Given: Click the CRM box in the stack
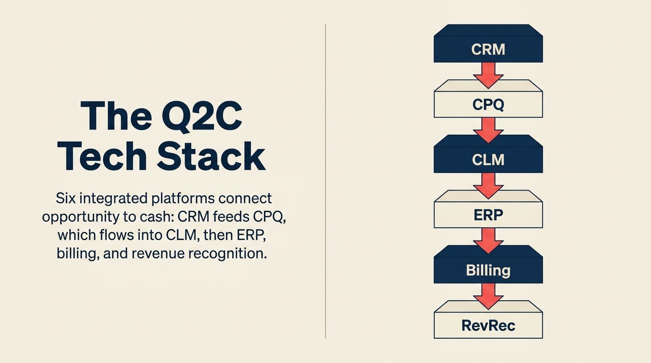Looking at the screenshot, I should [x=488, y=49].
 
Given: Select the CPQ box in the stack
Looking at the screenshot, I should [x=488, y=104].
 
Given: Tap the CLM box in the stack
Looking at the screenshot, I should [x=488, y=159].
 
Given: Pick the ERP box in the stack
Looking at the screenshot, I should [x=488, y=215].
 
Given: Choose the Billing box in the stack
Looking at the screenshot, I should [x=488, y=270].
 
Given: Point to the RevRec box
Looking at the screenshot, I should [x=488, y=325].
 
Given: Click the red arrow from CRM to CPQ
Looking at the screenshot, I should [x=488, y=75].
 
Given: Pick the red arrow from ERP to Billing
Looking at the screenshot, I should [x=488, y=241].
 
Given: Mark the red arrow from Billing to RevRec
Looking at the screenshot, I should [x=488, y=296].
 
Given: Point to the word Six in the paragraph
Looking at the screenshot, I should [x=66, y=198].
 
